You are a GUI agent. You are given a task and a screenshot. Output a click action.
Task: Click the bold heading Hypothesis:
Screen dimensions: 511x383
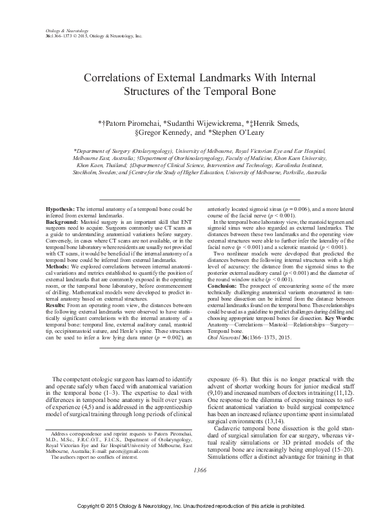60,210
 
